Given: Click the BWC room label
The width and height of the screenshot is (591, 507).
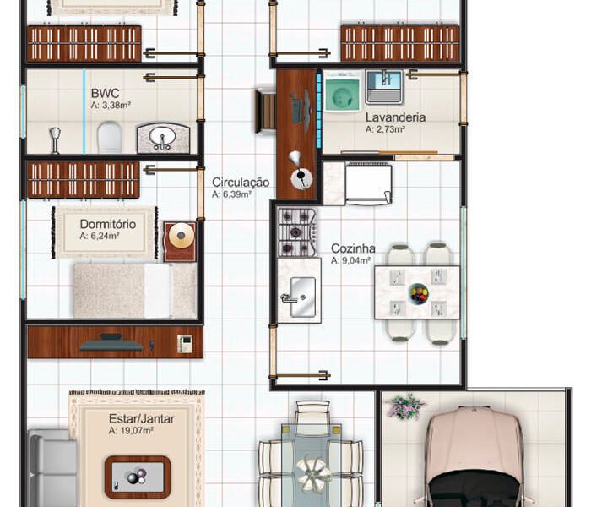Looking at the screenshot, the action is tap(106, 93).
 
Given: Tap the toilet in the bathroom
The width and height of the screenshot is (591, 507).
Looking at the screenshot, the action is tap(110, 137).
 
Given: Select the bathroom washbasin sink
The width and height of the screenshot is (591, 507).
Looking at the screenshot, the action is tap(163, 138).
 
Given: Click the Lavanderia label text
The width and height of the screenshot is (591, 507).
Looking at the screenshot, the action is tap(395, 117).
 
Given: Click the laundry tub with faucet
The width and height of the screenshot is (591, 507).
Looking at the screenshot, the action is tap(384, 87).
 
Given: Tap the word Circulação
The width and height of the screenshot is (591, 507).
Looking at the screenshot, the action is tap(241, 183).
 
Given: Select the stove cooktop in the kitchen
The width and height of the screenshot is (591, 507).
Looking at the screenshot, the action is tap(296, 232).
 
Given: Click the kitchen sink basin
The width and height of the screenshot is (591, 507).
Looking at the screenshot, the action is tap(302, 297).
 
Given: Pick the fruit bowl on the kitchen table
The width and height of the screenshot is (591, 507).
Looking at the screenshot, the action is tap(419, 293).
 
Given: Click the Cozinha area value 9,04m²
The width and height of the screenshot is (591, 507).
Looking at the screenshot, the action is tap(355, 260).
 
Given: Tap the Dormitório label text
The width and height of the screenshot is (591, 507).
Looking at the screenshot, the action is tap(108, 224).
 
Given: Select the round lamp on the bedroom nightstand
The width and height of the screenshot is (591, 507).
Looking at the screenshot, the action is tap(181, 236).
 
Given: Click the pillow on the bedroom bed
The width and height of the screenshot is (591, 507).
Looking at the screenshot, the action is tap(158, 291).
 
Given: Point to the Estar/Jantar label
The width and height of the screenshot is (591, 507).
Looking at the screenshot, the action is tap(141, 419).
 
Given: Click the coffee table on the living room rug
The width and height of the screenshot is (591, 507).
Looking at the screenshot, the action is tap(138, 477).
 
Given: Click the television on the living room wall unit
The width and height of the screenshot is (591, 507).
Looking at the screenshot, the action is tap(111, 343).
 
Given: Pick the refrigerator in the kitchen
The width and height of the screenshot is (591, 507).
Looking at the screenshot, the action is tap(369, 183).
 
